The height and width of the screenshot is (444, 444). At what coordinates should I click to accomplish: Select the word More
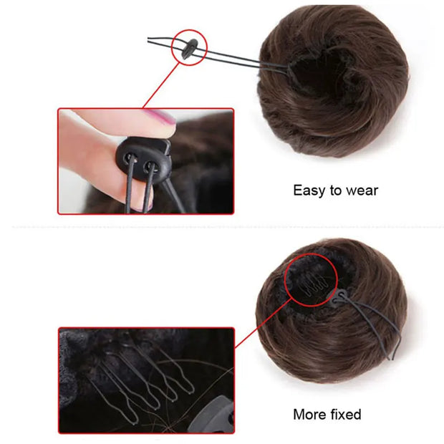(x=309, y=414)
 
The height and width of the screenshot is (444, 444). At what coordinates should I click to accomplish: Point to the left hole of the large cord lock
(x=130, y=156)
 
